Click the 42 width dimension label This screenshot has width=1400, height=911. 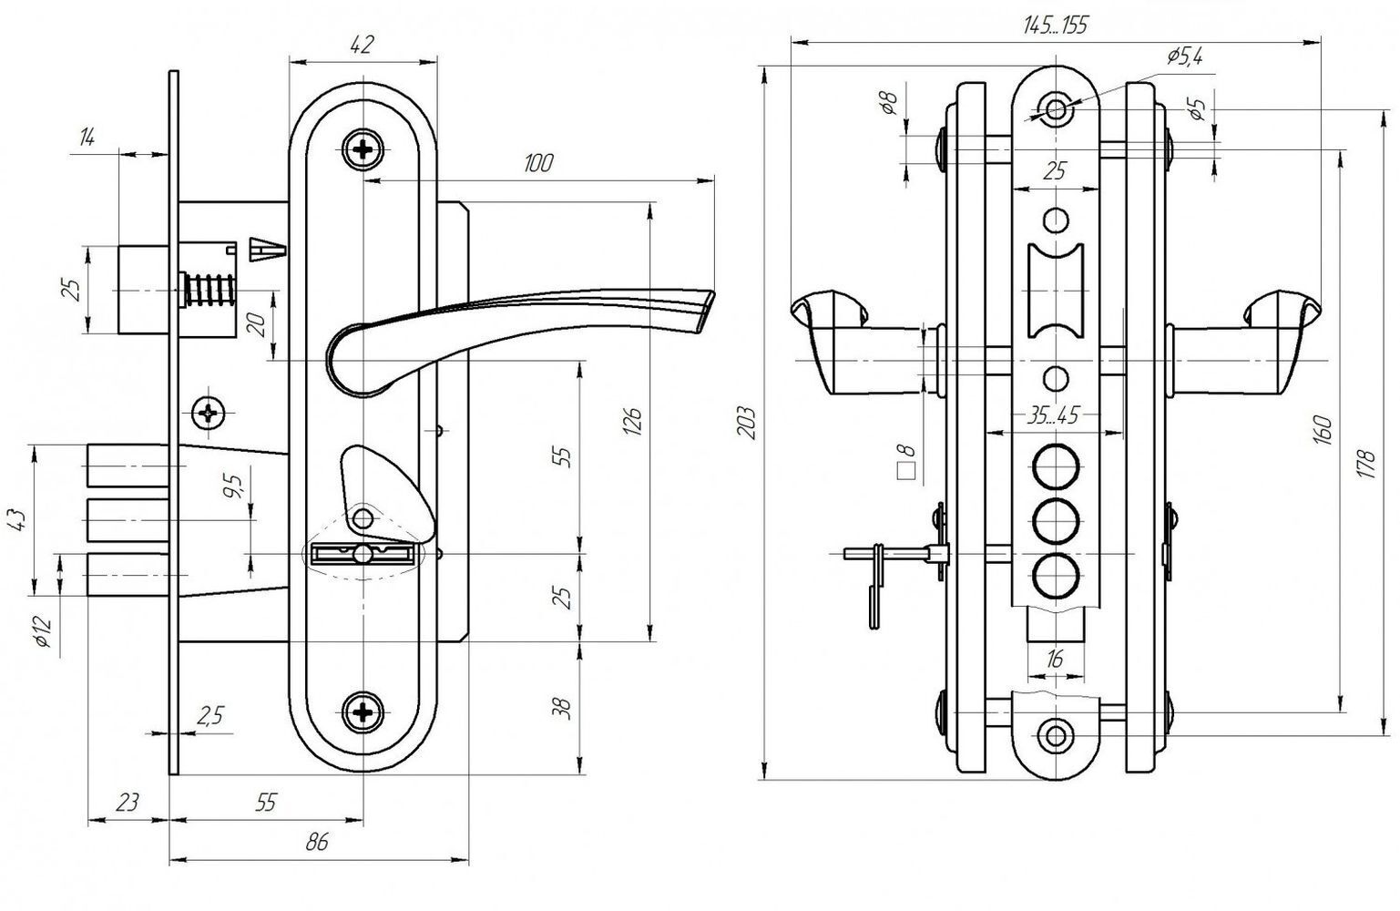[x=363, y=45]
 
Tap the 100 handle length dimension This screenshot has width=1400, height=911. [x=538, y=164]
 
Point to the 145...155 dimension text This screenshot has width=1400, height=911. [x=1056, y=25]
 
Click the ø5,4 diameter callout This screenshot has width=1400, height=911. [x=1184, y=56]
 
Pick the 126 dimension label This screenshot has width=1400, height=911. [x=632, y=422]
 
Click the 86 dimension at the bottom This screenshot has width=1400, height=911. [x=318, y=843]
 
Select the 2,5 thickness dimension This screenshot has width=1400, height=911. [x=210, y=715]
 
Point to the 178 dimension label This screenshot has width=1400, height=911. [x=1366, y=464]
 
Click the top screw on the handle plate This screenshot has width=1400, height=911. [x=363, y=149]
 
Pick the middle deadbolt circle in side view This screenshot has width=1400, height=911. [x=1056, y=520]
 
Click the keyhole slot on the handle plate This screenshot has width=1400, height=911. [x=363, y=554]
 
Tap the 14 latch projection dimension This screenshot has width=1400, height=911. [x=87, y=137]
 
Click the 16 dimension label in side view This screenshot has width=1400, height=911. [x=1054, y=659]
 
